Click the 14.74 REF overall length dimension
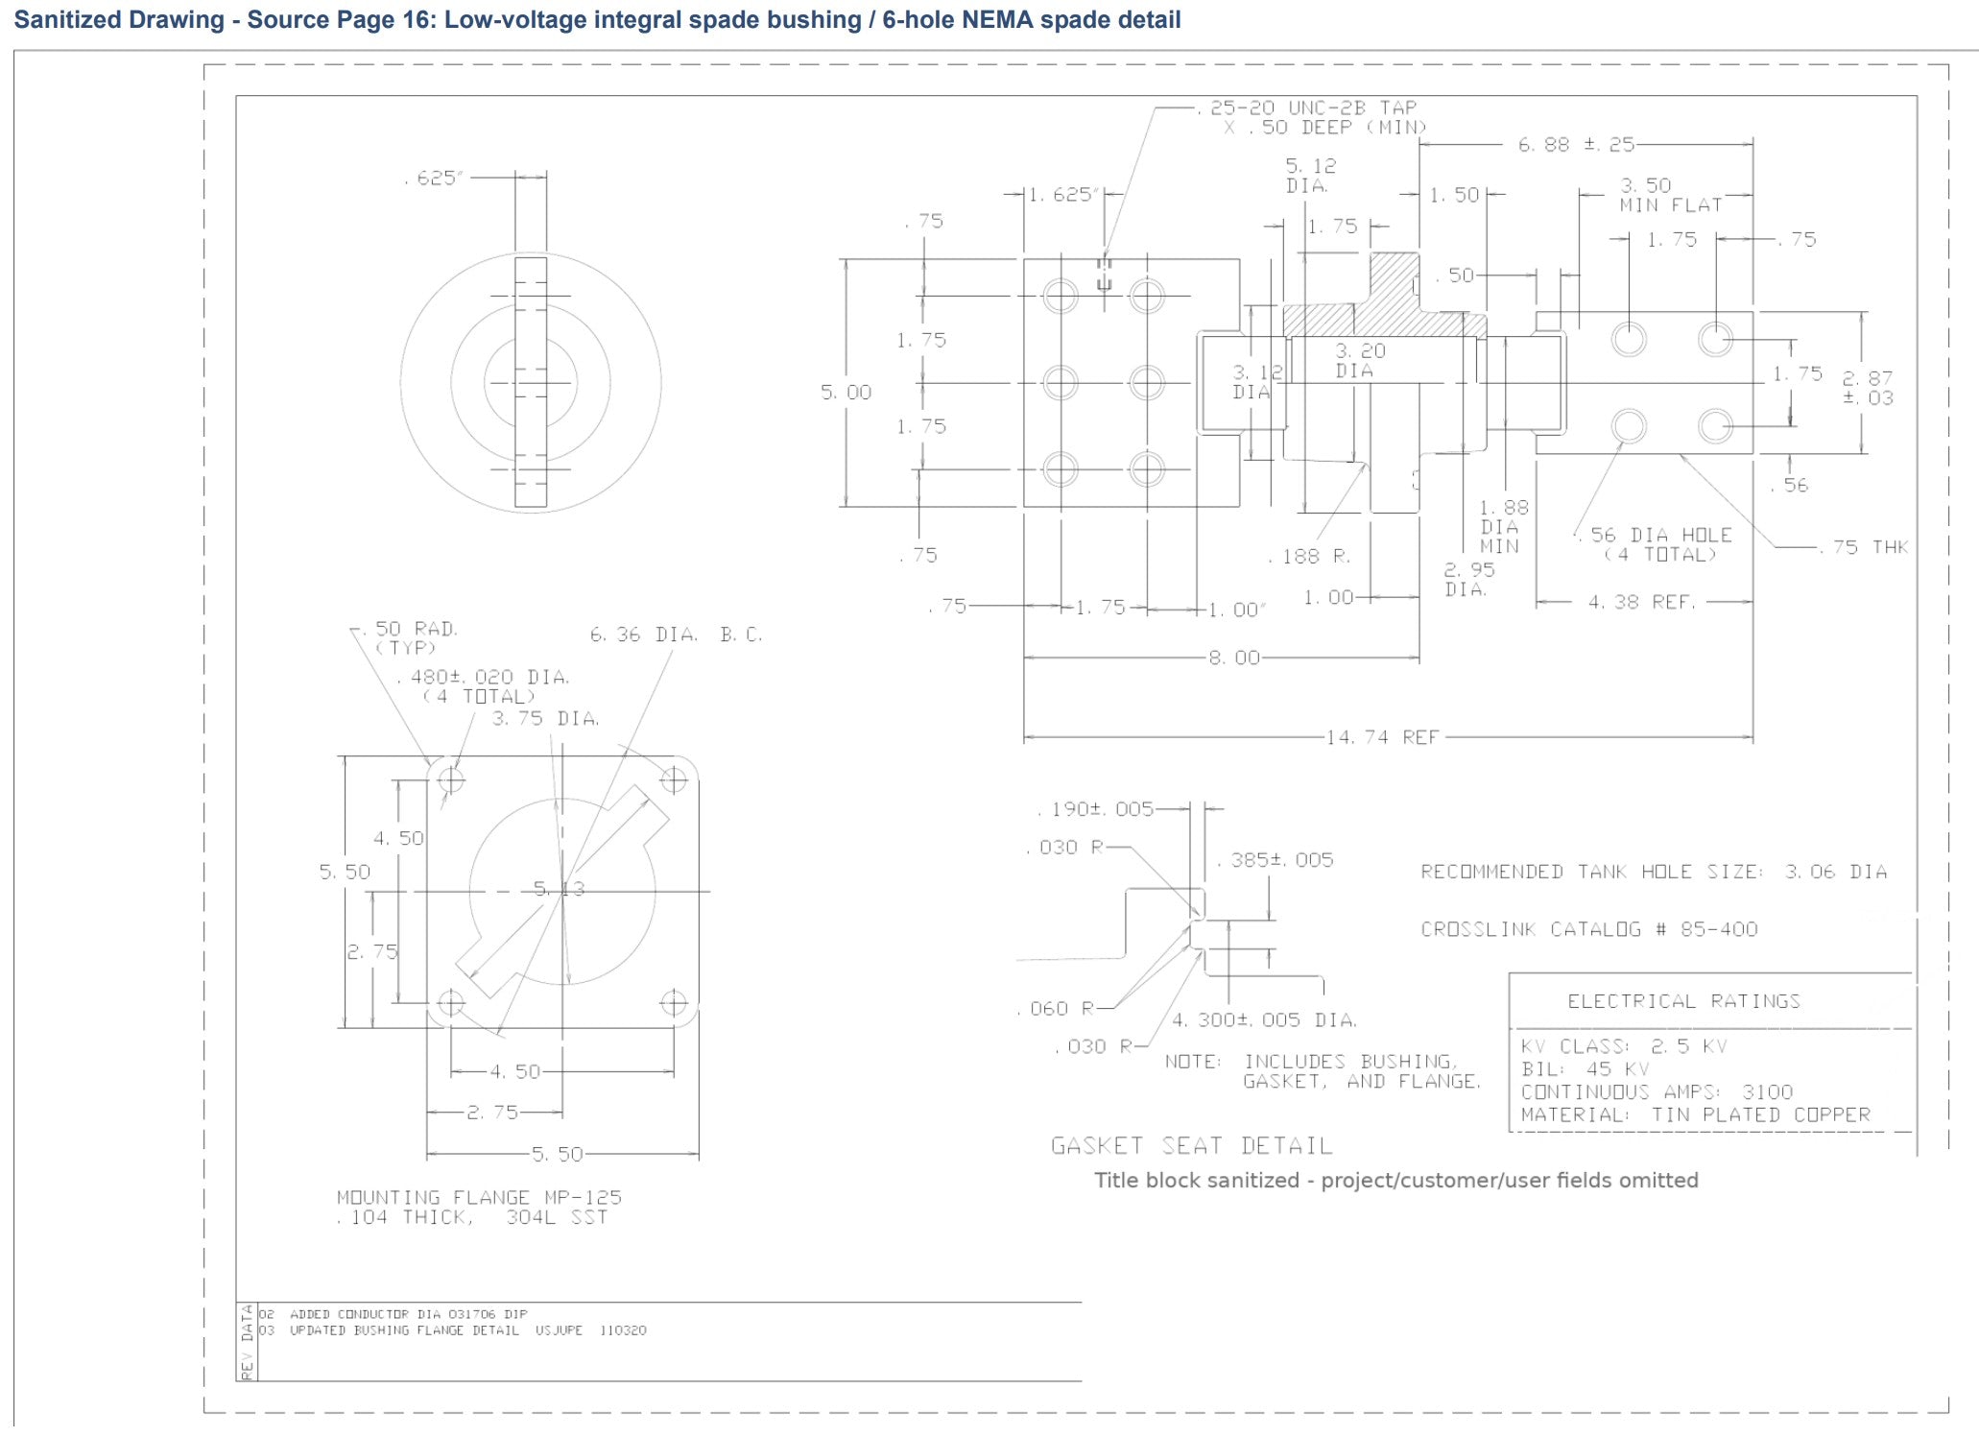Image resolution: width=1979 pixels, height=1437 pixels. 1382,737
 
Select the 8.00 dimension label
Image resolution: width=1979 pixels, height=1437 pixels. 1234,658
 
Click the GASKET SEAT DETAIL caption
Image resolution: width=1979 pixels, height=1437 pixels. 1191,1145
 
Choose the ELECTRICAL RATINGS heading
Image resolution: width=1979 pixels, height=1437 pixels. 1683,1001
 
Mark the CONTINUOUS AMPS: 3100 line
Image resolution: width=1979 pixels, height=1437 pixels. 1657,1091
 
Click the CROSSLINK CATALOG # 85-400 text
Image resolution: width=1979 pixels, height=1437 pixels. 1589,929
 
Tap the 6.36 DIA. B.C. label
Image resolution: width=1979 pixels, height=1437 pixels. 676,635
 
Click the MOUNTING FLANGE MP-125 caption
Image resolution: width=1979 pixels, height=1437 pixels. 479,1197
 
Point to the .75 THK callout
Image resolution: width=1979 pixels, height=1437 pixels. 1865,547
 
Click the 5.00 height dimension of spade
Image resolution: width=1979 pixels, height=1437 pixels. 846,392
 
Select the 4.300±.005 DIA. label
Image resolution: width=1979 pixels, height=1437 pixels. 1264,1019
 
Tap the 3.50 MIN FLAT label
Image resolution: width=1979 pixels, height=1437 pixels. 1670,195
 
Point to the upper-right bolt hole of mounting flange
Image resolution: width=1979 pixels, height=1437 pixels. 674,779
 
